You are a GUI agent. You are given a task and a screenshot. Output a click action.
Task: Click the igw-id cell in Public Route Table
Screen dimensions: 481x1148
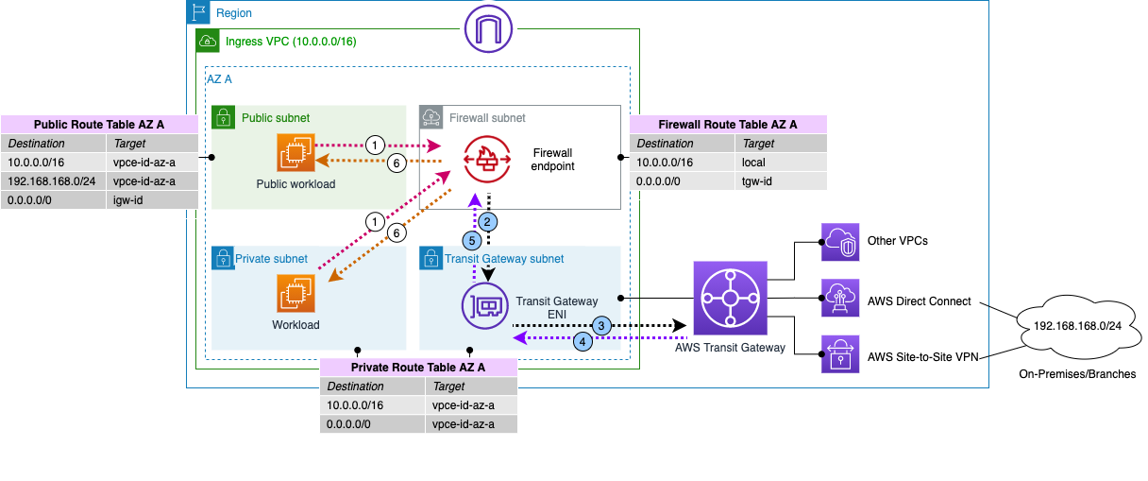pyautogui.click(x=151, y=198)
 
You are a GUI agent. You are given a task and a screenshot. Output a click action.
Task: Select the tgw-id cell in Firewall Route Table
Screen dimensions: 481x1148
pyautogui.click(x=780, y=180)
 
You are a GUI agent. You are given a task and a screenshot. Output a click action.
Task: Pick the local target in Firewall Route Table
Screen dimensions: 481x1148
pyautogui.click(x=780, y=163)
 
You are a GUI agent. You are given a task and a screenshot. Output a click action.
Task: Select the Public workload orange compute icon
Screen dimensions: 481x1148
pyautogui.click(x=295, y=153)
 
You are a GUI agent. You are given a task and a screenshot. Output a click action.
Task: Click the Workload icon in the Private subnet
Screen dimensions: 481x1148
pyautogui.click(x=295, y=292)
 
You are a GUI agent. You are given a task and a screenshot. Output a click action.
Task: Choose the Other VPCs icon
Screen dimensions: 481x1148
pyautogui.click(x=839, y=241)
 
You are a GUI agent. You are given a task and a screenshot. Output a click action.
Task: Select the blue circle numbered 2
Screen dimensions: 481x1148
pyautogui.click(x=487, y=221)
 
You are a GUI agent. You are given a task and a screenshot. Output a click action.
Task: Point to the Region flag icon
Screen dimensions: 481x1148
pyautogui.click(x=199, y=12)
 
